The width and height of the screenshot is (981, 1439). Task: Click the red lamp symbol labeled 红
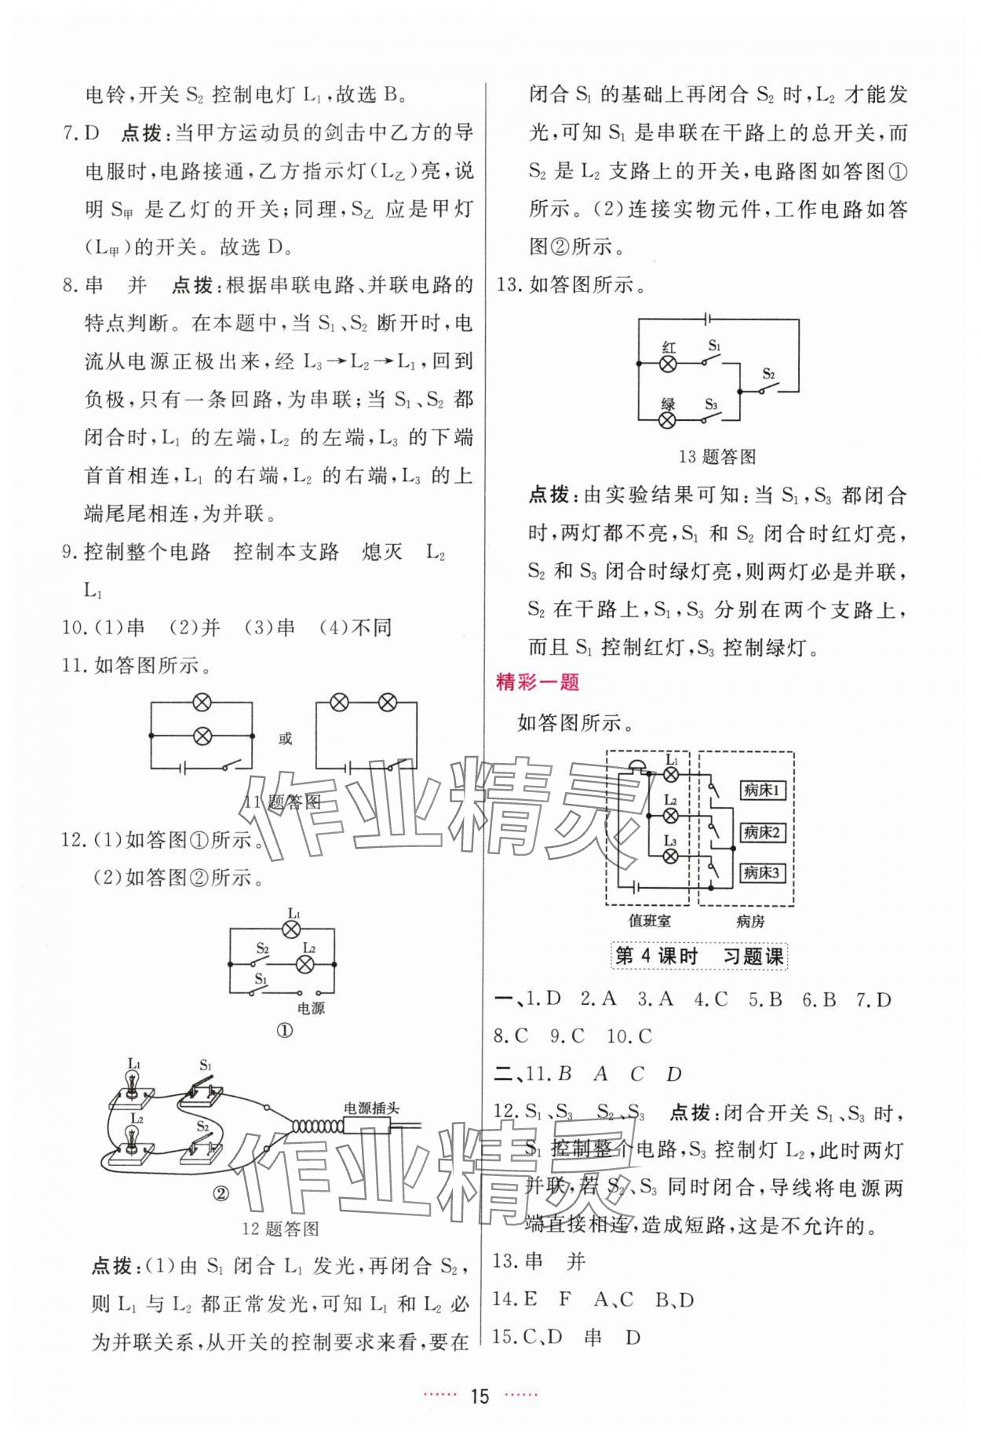click(x=668, y=363)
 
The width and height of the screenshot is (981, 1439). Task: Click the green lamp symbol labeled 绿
click(x=668, y=420)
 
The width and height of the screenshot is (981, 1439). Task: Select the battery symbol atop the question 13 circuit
click(x=709, y=320)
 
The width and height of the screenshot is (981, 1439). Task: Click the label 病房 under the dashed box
click(x=750, y=921)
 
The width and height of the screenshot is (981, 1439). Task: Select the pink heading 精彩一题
click(x=538, y=682)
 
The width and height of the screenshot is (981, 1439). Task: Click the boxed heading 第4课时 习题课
click(x=698, y=956)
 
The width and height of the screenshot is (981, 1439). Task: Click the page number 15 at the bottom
click(x=478, y=1396)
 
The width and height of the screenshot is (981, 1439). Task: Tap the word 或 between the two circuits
click(x=285, y=738)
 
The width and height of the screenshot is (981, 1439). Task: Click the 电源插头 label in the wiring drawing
click(x=371, y=1108)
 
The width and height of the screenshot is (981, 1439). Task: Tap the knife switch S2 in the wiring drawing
click(x=202, y=1144)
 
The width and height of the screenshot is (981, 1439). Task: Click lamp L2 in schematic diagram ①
click(x=308, y=964)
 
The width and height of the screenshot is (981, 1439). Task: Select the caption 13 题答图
click(x=717, y=456)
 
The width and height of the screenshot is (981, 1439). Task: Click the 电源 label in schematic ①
click(x=312, y=1008)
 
